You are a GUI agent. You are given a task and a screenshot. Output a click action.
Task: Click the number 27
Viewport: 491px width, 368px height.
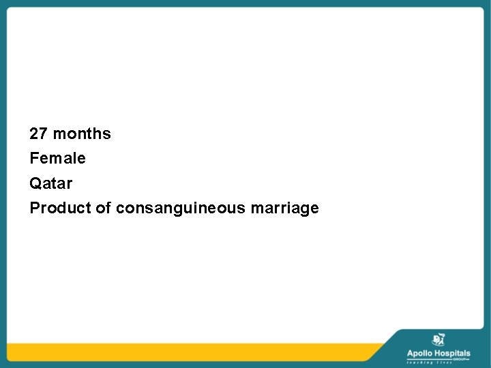point(39,134)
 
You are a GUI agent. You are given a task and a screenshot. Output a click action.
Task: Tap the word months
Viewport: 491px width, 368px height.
point(82,134)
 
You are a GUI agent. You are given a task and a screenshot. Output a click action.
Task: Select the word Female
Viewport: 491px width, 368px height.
point(58,159)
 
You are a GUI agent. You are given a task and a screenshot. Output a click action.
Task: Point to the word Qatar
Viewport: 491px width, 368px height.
point(50,183)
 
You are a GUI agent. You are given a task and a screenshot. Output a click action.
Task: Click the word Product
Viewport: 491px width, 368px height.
point(60,208)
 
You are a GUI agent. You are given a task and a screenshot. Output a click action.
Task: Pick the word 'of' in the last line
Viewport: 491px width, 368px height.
point(103,208)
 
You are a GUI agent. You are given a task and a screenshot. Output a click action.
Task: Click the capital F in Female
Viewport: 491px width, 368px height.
point(34,159)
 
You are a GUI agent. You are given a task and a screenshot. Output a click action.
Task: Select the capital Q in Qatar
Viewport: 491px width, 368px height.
point(35,183)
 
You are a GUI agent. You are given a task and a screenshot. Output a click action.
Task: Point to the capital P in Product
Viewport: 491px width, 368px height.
point(34,208)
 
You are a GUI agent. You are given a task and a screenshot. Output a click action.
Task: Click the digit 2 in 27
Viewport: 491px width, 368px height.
point(34,134)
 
